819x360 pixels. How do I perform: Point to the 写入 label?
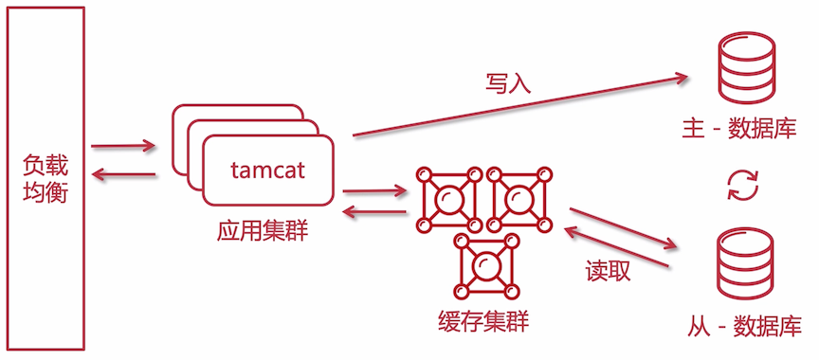coord(507,83)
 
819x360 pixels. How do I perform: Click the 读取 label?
coord(608,271)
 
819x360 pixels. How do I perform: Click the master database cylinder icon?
coord(743,68)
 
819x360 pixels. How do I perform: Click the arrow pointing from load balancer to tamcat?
coord(123,147)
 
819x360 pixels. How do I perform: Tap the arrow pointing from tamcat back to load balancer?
coord(123,175)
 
